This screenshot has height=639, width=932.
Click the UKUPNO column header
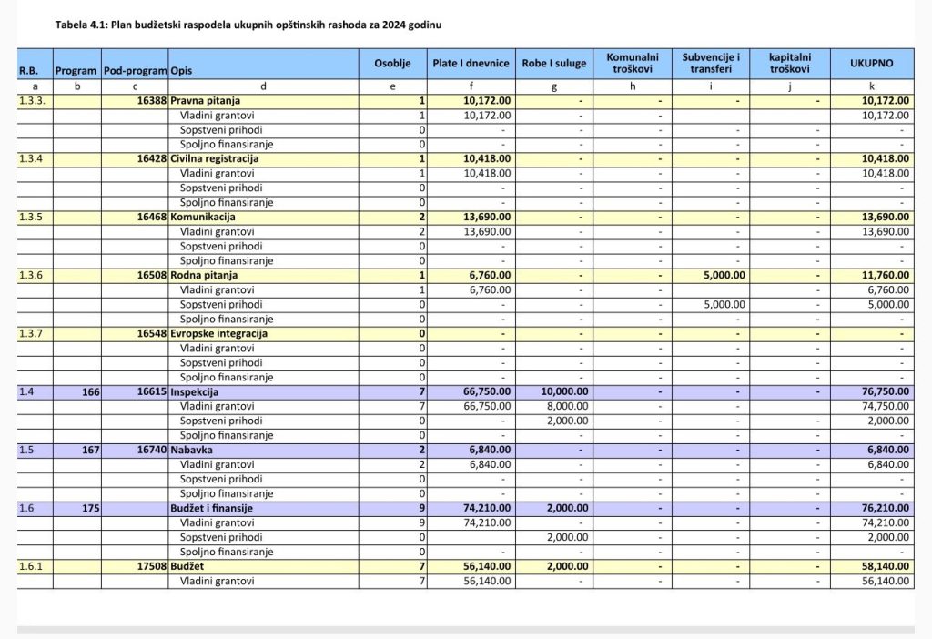point(871,64)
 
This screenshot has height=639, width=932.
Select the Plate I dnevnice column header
point(471,64)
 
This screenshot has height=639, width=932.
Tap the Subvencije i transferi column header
point(711,63)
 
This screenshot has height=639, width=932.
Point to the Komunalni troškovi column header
point(633,63)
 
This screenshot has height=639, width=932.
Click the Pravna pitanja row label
point(201,100)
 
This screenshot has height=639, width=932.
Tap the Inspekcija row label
point(195,391)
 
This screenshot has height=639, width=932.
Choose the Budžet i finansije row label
point(211,508)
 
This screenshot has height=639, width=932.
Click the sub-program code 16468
point(152,217)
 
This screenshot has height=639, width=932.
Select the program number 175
point(89,508)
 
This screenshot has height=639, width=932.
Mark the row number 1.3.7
point(34,333)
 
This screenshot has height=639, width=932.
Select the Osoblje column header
point(393,64)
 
